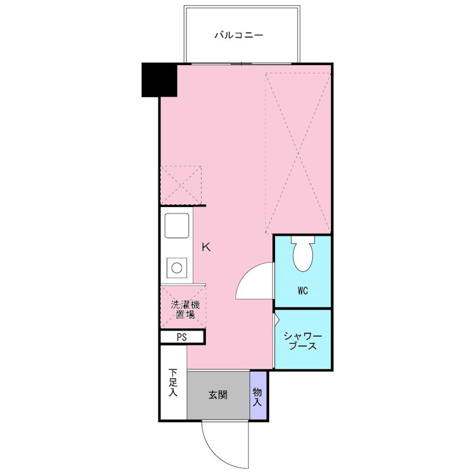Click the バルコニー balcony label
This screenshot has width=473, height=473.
click(x=239, y=35)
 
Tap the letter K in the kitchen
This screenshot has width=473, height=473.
click(x=206, y=247)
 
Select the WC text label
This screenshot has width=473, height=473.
click(x=303, y=291)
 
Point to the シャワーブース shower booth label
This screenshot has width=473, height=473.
click(x=303, y=341)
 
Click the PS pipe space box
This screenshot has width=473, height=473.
click(x=182, y=337)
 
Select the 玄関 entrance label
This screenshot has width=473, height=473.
click(x=218, y=395)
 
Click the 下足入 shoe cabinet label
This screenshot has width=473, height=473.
click(x=173, y=382)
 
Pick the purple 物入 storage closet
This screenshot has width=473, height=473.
click(x=258, y=395)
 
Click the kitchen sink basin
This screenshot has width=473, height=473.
click(x=177, y=225)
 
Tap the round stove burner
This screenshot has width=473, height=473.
click(x=177, y=268)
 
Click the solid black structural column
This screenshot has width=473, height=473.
click(x=159, y=80)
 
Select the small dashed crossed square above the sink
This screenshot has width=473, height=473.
click(x=181, y=185)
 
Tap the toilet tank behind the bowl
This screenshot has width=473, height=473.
click(x=303, y=240)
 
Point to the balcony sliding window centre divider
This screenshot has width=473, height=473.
click(x=242, y=64)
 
